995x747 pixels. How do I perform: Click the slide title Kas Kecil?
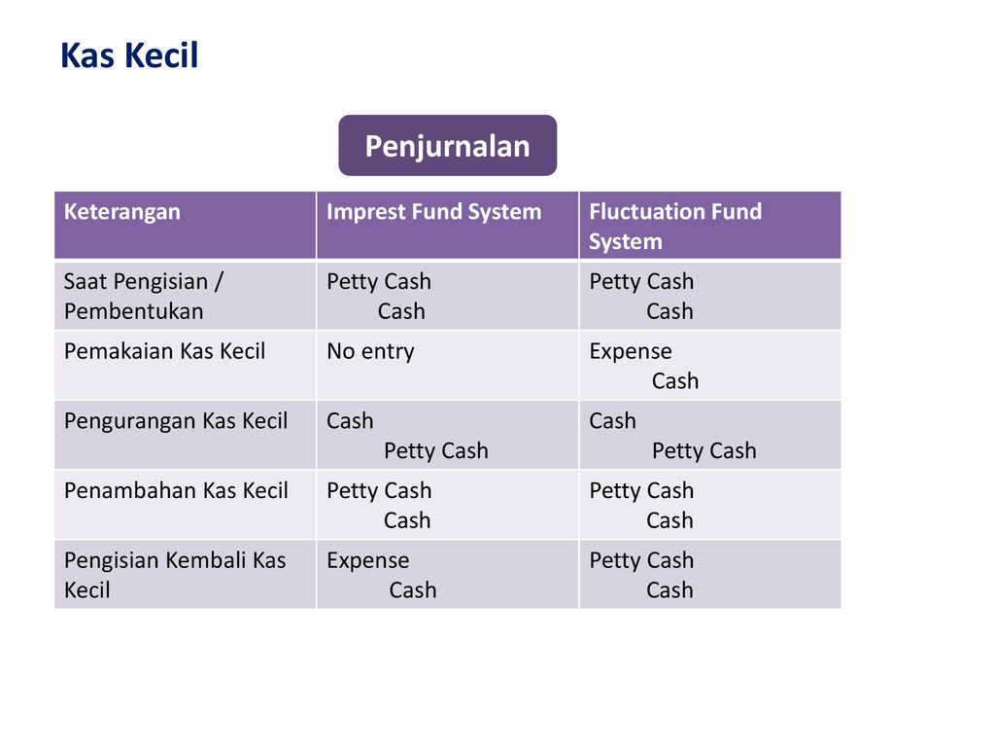point(129,56)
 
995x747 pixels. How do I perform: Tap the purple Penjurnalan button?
point(447,146)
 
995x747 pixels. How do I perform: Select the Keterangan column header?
point(122,212)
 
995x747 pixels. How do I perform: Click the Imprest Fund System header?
point(433,212)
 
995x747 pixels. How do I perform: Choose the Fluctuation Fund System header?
point(675,226)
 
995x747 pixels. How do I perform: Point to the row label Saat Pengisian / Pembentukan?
point(143,296)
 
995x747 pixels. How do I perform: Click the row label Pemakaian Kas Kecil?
point(164,351)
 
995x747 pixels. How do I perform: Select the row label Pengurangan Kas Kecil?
point(176,421)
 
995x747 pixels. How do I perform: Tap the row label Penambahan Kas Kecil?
point(176,491)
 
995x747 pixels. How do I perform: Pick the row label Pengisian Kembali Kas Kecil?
point(175,574)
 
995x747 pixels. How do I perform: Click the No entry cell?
point(370,351)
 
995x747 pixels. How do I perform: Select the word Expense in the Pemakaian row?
point(631,351)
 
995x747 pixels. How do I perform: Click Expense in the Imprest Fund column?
point(368,560)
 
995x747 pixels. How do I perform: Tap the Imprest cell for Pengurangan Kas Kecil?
point(407,436)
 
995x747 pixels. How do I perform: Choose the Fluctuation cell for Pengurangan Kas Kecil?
point(672,436)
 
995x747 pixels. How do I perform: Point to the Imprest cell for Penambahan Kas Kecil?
point(379,505)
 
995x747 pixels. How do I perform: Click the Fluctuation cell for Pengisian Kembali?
point(642,574)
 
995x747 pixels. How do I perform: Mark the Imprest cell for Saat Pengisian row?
point(379,296)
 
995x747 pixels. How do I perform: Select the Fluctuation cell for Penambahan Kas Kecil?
point(642,505)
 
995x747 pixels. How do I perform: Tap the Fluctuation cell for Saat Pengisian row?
point(642,296)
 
